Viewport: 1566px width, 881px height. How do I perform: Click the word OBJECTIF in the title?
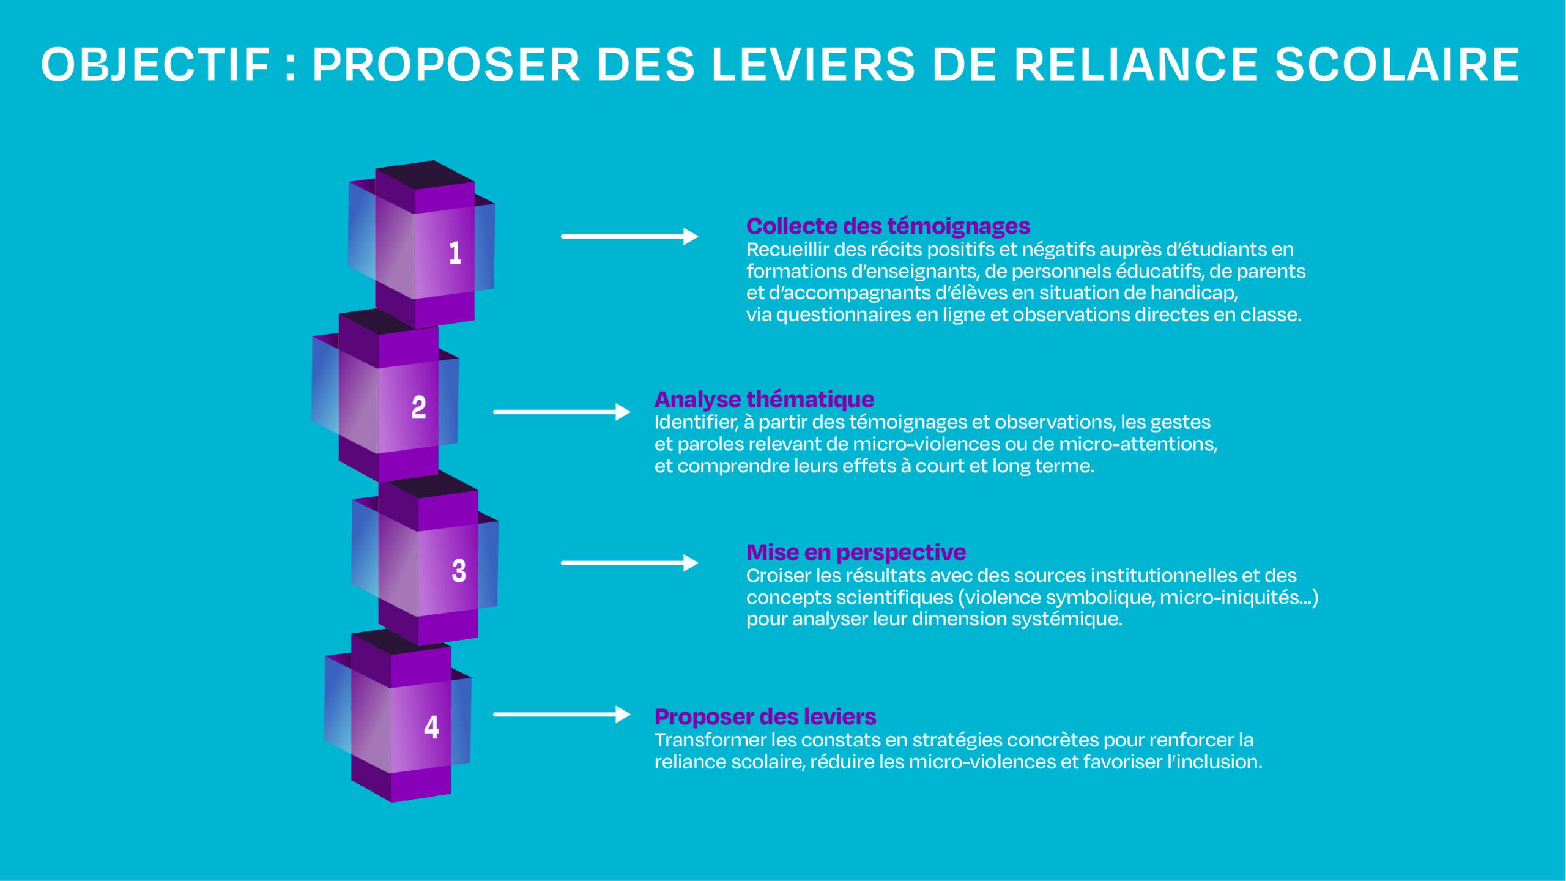coord(155,65)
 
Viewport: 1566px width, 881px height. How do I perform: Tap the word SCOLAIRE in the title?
coord(1397,65)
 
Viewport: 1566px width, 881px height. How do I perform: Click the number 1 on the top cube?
coord(455,253)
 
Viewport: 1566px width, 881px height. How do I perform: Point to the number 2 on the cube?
coord(418,407)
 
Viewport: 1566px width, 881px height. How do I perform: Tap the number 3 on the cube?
coord(459,571)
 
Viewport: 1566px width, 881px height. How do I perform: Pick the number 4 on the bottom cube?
coord(431,727)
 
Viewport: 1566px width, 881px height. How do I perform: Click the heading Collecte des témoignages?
coord(888,226)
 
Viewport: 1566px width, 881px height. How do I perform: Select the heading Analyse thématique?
coord(764,400)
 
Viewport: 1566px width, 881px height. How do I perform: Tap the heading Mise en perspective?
coord(856,552)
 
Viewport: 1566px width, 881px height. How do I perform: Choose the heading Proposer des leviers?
coord(765,716)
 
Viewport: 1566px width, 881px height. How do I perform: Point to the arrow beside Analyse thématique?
coord(561,412)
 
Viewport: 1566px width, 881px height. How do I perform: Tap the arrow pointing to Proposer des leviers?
coord(561,714)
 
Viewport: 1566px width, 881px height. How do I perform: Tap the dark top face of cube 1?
coord(426,175)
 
